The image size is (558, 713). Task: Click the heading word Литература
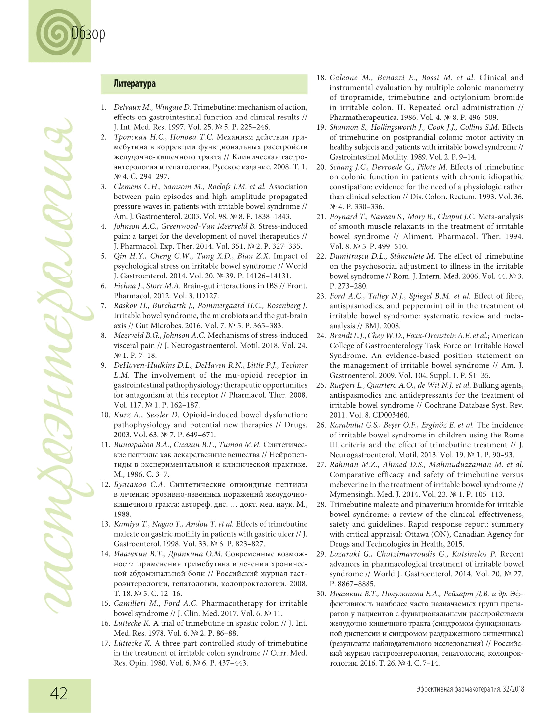pos(134,84)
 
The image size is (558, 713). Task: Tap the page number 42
pos(59,693)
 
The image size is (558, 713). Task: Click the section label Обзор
pos(88,34)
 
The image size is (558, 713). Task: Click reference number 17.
pos(105,643)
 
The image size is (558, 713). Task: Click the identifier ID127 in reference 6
pos(207,296)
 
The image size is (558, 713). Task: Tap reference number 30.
pos(321,594)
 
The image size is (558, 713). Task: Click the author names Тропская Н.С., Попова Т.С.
pos(163,137)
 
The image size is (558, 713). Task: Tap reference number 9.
pos(103,365)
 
